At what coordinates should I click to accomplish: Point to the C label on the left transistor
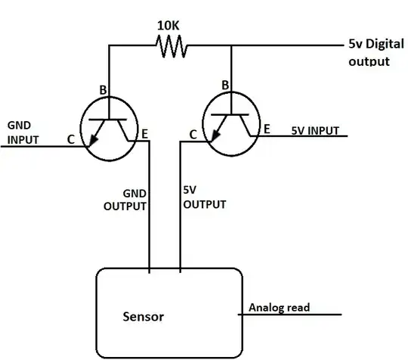tap(70, 140)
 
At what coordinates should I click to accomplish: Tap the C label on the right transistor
tap(193, 135)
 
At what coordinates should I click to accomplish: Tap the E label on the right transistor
tap(266, 130)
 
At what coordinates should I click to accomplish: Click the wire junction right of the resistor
tap(231, 46)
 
